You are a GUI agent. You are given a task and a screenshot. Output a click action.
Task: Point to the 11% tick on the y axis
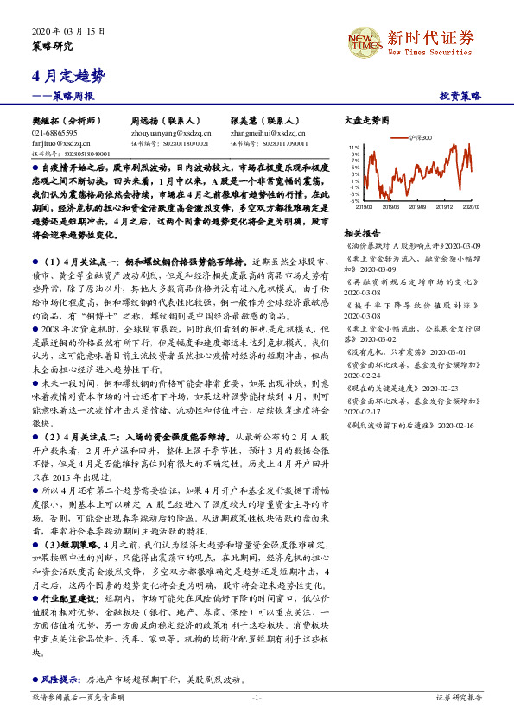(356, 149)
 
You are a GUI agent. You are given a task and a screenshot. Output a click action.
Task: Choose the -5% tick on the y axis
(356, 201)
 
